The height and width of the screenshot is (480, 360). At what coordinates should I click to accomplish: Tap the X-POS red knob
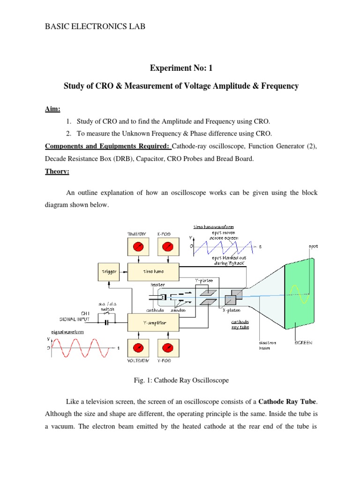[x=167, y=247]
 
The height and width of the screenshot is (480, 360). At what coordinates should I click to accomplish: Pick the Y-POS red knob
[x=167, y=348]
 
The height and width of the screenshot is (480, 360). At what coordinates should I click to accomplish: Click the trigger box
[x=108, y=271]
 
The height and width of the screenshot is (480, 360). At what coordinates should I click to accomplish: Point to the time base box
[x=153, y=271]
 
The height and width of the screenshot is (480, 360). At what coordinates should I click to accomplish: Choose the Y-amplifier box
[x=153, y=322]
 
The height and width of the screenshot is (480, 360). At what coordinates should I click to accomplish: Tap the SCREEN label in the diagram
[x=303, y=343]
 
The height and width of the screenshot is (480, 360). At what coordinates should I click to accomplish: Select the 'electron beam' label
[x=262, y=345]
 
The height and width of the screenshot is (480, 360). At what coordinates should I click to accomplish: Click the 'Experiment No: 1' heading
[x=181, y=69]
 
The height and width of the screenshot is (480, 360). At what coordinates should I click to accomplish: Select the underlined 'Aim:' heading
[x=52, y=108]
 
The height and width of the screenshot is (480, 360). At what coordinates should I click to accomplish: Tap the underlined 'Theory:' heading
[x=57, y=172]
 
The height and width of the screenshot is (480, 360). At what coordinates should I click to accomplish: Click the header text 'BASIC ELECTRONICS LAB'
[x=95, y=27]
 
